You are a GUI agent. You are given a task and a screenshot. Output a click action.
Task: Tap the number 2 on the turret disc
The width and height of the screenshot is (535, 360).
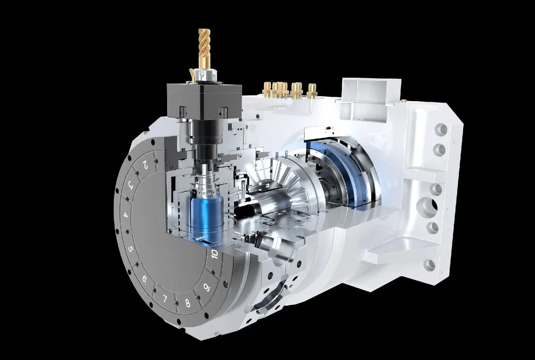pos(145,165)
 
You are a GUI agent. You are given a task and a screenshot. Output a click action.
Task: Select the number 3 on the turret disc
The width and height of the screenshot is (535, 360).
pos(130,185)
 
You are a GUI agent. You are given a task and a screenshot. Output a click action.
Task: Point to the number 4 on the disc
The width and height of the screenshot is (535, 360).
pos(125,215)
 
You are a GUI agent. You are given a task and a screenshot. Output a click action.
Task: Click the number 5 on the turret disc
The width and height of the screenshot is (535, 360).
pos(130,248)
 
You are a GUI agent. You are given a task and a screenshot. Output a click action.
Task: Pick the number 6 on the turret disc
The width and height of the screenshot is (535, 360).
pos(145,279)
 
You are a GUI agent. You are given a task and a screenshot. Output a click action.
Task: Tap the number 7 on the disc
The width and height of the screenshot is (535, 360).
pos(165,299)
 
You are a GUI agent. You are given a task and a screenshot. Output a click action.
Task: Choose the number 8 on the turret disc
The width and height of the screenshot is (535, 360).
pos(187,303)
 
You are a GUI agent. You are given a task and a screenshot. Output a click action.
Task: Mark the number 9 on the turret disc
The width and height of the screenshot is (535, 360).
pos(206,288)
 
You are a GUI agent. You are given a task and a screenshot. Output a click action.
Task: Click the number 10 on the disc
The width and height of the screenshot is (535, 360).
pos(214,254)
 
